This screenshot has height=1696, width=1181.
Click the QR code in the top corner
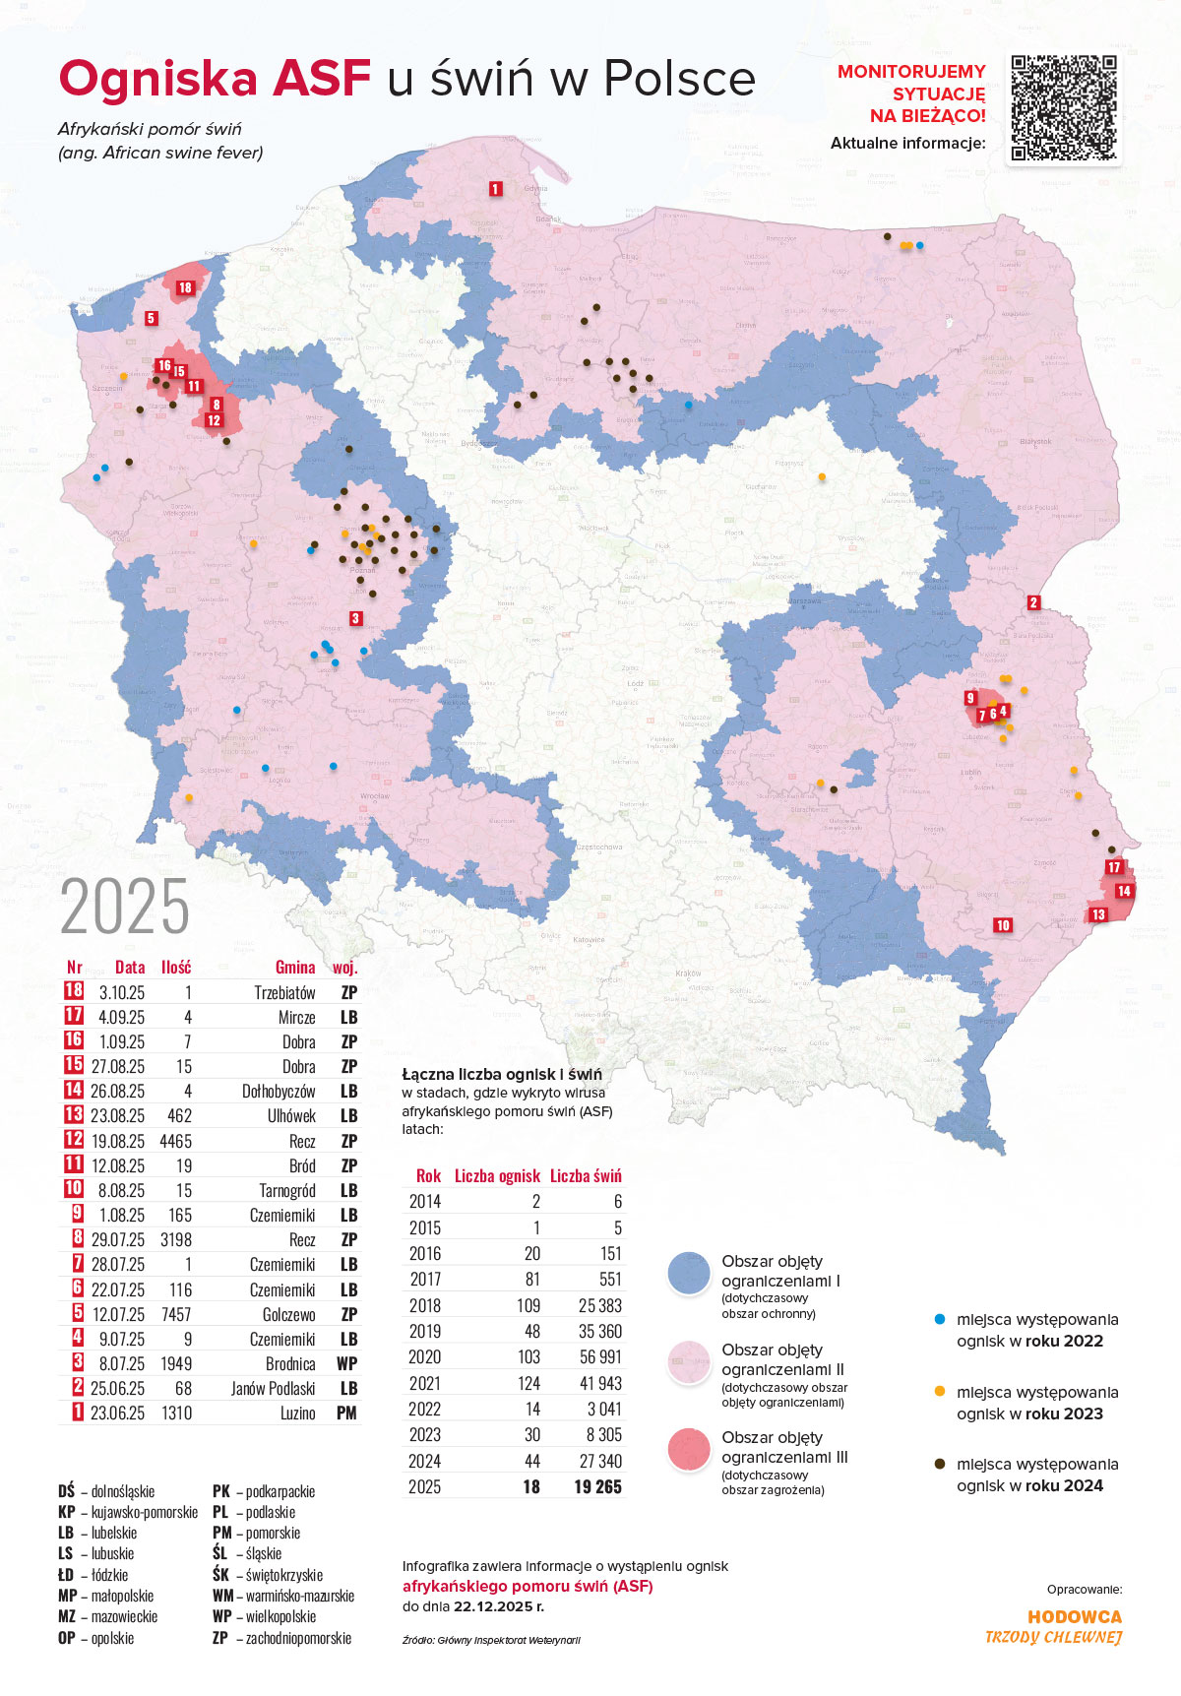click(1064, 107)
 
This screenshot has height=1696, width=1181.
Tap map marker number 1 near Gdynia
click(495, 188)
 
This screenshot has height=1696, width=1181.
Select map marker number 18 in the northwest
click(185, 287)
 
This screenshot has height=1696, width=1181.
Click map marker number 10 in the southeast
click(1003, 925)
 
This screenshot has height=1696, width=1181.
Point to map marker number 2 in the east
click(1033, 602)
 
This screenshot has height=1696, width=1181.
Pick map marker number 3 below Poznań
click(355, 618)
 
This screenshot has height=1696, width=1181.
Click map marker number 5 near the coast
click(151, 318)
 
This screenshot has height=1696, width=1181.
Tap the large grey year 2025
click(125, 907)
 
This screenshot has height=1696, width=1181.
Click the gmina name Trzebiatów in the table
click(284, 992)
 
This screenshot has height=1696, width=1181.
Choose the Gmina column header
click(295, 968)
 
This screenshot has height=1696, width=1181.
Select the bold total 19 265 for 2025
click(597, 1486)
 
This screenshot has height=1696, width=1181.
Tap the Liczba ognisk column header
click(497, 1175)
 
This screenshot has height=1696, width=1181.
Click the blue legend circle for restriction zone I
click(689, 1274)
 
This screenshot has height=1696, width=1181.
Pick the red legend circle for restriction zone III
click(689, 1450)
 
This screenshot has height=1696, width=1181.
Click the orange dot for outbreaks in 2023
click(939, 1391)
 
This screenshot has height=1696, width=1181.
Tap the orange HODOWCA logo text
click(1074, 1616)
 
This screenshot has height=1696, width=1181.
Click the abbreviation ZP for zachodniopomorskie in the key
click(219, 1638)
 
